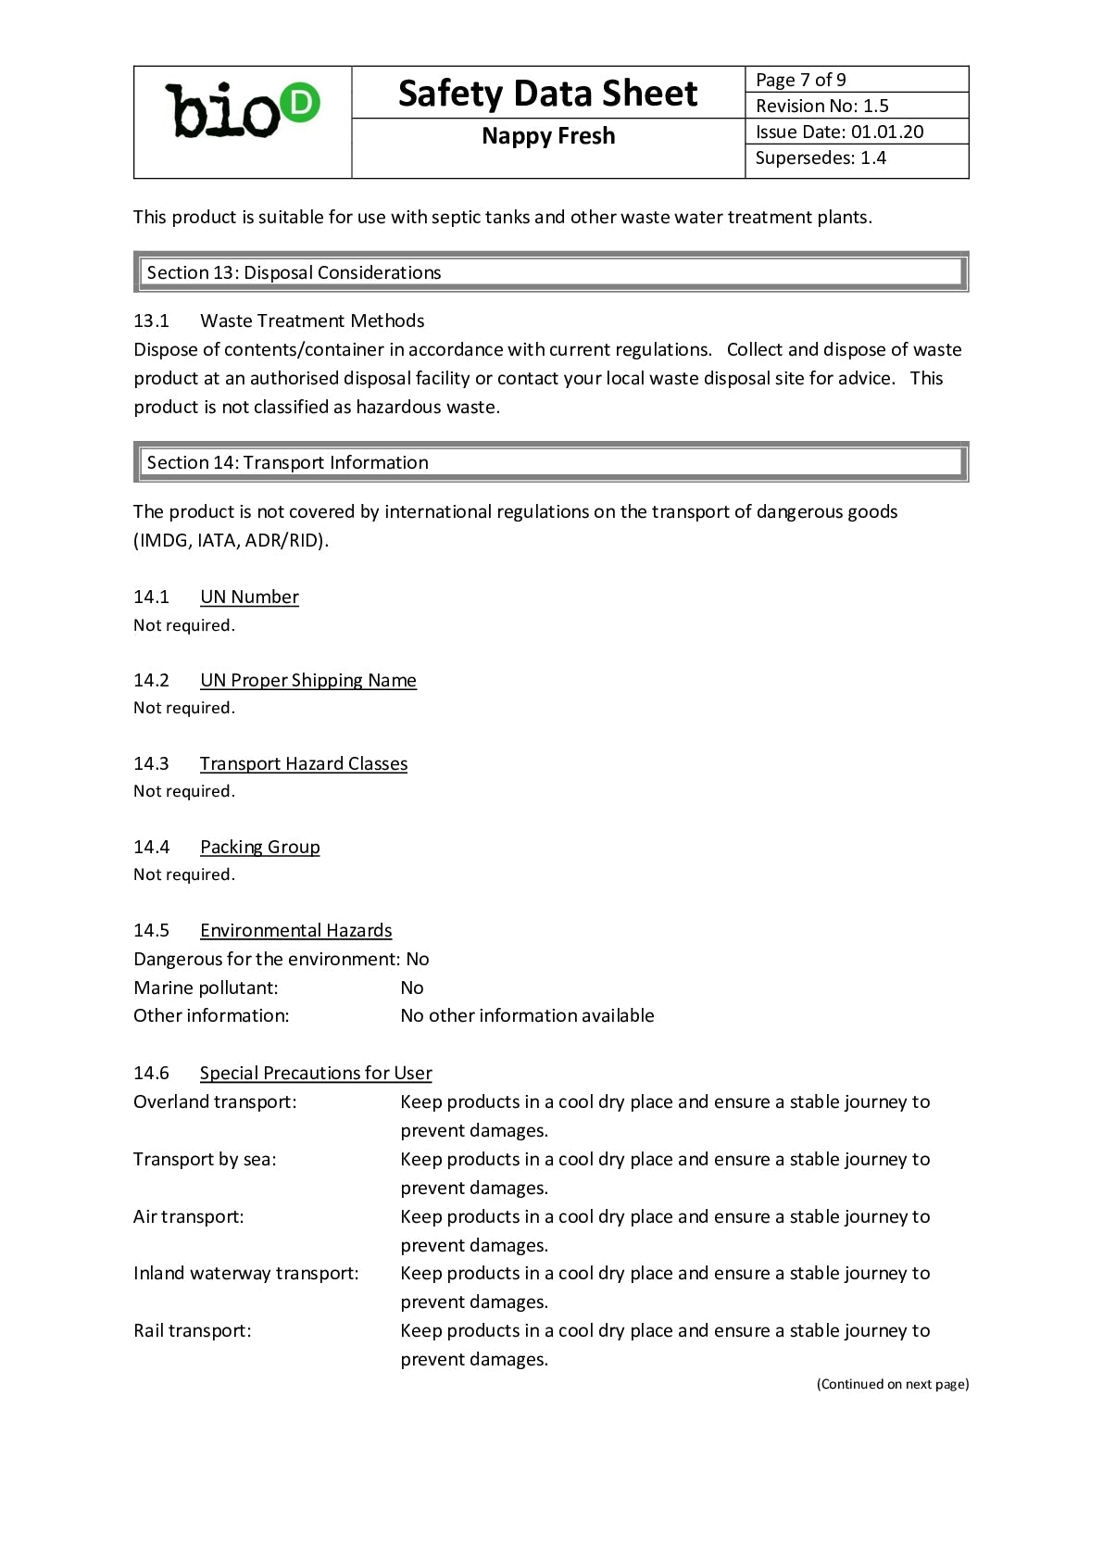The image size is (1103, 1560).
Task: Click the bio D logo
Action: pos(242,112)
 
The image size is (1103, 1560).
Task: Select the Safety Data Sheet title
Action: pos(547,94)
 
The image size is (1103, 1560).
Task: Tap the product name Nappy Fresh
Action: pos(547,136)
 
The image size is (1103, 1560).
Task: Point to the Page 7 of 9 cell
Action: pos(800,80)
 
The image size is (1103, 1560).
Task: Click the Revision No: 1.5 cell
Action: pos(821,106)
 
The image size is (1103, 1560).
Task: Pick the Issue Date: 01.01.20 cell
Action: pos(839,132)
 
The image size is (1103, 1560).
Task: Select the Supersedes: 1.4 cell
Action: pos(821,157)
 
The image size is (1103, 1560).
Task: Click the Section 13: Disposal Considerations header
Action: pos(294,272)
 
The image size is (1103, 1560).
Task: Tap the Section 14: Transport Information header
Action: pos(287,462)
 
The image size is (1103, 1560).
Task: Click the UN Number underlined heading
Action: pos(249,597)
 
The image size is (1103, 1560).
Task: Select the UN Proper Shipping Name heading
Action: pos(307,680)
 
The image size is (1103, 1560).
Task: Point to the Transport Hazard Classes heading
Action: pos(303,763)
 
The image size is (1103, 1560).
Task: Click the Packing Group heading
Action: pos(259,847)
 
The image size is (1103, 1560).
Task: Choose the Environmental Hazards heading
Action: pos(295,930)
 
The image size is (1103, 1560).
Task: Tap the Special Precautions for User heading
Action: pos(316,1073)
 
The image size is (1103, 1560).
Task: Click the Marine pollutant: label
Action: pos(206,988)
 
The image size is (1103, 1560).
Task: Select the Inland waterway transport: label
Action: pos(245,1273)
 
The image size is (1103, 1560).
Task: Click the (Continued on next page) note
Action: pos(892,1384)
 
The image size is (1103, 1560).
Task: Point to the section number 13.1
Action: pos(151,321)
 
